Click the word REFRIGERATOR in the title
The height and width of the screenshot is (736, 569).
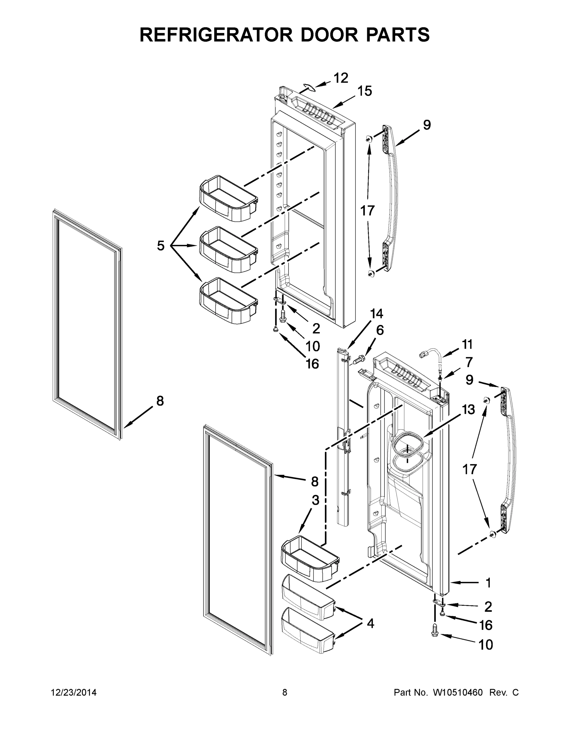click(216, 34)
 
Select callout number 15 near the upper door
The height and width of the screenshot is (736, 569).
click(365, 91)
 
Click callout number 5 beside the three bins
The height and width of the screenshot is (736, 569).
click(161, 246)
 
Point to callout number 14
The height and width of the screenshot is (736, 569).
click(377, 314)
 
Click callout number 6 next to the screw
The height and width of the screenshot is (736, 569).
click(380, 331)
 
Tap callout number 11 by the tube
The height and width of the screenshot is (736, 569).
click(467, 345)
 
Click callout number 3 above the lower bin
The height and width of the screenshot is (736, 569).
click(315, 500)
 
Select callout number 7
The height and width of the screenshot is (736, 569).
click(469, 362)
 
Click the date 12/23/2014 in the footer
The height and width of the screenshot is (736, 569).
click(74, 692)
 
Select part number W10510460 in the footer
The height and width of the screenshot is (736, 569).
click(457, 692)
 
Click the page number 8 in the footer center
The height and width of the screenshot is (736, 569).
click(285, 692)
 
